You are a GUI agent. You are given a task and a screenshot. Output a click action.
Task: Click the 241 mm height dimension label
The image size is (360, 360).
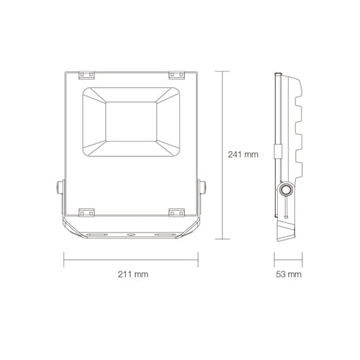point(243,154)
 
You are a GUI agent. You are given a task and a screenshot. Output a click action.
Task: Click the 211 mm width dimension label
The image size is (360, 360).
point(133,274)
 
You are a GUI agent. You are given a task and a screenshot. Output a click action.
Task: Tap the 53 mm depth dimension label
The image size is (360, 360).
point(289,274)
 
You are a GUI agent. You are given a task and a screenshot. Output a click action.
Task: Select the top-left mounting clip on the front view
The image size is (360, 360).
point(86,75)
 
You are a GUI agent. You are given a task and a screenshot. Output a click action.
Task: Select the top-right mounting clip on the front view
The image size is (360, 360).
point(176,75)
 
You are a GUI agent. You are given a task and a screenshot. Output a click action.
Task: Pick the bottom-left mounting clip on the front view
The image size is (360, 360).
point(86,212)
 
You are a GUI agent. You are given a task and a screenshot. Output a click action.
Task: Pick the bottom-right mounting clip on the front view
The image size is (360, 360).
point(176,212)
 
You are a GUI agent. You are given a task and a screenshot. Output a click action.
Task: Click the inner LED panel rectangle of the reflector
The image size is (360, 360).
point(131,122)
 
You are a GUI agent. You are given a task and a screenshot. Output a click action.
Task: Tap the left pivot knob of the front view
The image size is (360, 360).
point(60,187)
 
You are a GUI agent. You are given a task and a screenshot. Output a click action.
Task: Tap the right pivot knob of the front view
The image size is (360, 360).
point(203,187)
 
